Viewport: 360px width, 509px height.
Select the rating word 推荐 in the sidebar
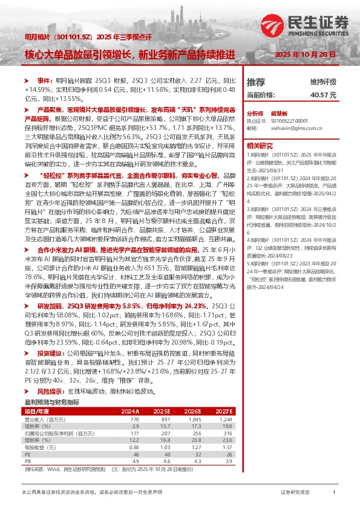[256, 81]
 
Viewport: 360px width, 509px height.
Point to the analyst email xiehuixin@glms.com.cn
[287, 128]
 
